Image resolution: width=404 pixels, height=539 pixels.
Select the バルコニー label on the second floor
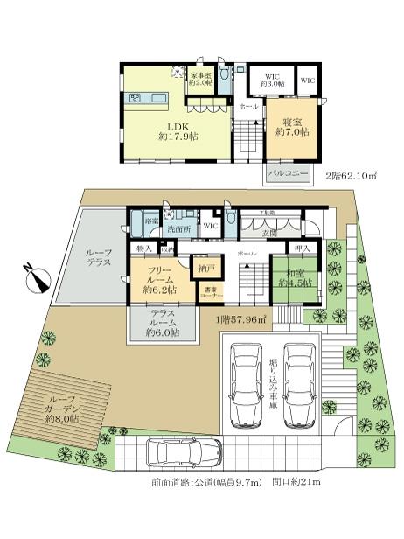coord(288,174)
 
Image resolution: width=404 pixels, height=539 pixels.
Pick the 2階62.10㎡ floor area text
coord(352,175)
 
